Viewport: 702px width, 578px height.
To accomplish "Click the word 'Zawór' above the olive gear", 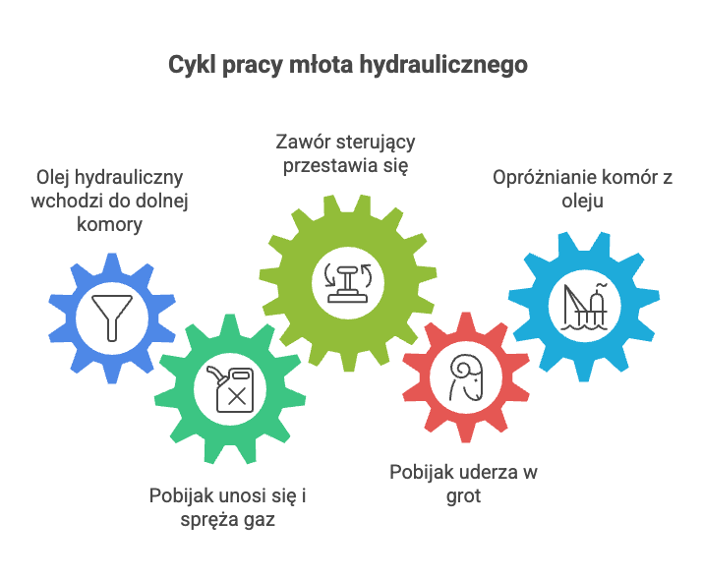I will tap(299, 144).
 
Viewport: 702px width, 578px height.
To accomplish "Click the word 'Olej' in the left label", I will tap(54, 178).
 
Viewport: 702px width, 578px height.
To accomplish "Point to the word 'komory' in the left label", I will tap(110, 223).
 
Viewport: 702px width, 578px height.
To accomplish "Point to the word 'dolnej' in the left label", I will tap(164, 201).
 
